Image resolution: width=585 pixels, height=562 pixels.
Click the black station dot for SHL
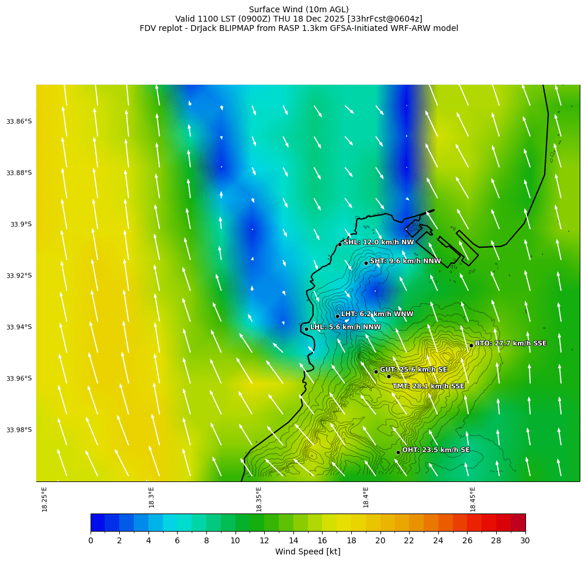tap(340, 244)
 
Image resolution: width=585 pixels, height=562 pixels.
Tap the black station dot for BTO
tap(471, 345)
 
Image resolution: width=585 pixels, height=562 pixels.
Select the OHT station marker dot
tap(398, 452)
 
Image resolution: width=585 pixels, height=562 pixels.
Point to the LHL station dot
tap(306, 329)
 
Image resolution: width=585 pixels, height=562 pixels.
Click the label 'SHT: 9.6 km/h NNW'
tap(406, 261)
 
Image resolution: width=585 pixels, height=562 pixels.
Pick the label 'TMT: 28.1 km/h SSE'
tap(428, 386)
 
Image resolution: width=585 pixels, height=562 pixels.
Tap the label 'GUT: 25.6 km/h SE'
tap(414, 370)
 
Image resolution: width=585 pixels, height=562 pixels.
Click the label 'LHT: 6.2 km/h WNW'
tap(377, 314)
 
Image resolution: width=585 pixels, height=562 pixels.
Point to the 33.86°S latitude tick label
tap(19, 122)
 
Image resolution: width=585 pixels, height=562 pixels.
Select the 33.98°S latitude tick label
tap(19, 430)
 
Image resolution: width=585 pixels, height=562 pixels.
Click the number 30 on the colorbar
tap(525, 541)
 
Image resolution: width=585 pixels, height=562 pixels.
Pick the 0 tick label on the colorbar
tap(91, 541)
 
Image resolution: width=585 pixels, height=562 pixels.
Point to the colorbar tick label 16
tap(322, 541)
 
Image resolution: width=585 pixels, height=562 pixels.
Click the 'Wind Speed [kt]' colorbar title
tap(307, 552)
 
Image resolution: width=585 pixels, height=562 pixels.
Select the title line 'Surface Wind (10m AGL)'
tap(299, 9)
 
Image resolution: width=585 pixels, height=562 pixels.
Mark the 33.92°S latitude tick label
tap(19, 276)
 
